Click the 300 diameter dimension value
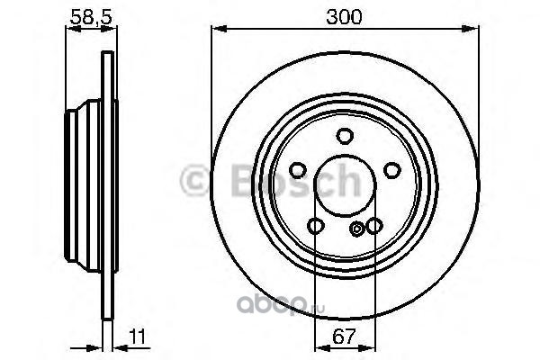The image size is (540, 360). [344, 16]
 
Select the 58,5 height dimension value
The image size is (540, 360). [91, 16]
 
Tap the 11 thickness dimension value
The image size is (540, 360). [138, 337]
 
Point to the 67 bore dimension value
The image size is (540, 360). [344, 337]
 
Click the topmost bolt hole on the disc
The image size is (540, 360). [345, 136]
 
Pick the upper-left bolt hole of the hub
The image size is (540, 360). [298, 170]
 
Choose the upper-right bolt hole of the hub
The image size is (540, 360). [392, 170]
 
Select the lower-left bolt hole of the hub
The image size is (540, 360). [316, 226]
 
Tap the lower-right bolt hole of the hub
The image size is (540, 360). [374, 226]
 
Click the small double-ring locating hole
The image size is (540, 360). [356, 229]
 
